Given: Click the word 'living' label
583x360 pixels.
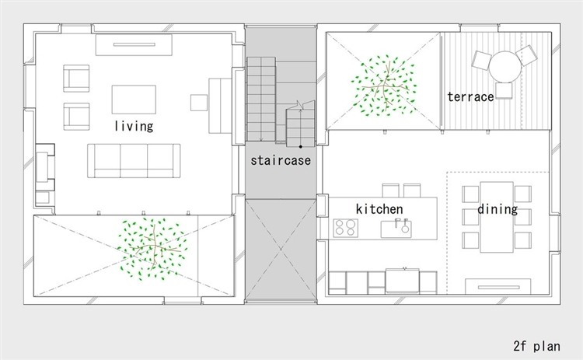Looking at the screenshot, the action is tap(134, 126).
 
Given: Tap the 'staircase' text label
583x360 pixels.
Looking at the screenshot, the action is tap(281, 160).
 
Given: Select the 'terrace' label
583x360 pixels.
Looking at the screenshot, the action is tap(471, 96).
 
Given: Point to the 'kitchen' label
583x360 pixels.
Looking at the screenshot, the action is tap(379, 209).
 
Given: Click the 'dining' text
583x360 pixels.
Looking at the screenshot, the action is tap(497, 209).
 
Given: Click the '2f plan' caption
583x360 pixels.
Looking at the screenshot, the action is tap(537, 346).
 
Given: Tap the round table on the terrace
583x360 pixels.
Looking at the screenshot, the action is tap(505, 68).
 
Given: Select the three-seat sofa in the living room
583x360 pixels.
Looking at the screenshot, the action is tap(134, 161).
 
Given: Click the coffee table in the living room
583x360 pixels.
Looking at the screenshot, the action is tap(134, 100).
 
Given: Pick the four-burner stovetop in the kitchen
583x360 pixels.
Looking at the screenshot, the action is tap(345, 228).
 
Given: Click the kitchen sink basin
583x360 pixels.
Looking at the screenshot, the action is tap(396, 229).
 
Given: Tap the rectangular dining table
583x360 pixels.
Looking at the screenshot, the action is tap(497, 217).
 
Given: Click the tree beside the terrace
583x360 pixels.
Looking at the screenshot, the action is tap(384, 86).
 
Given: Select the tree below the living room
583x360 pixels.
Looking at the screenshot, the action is tap(152, 249).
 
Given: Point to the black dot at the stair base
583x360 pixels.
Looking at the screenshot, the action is tap(300, 146).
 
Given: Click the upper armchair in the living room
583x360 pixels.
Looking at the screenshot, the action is tap(76, 79).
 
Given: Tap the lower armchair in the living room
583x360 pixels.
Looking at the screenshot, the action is tap(76, 117).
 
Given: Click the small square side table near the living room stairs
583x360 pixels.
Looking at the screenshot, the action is tap(199, 103).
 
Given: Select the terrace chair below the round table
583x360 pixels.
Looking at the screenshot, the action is tap(504, 91).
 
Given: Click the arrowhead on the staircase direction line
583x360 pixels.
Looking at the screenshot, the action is tap(300, 104).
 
